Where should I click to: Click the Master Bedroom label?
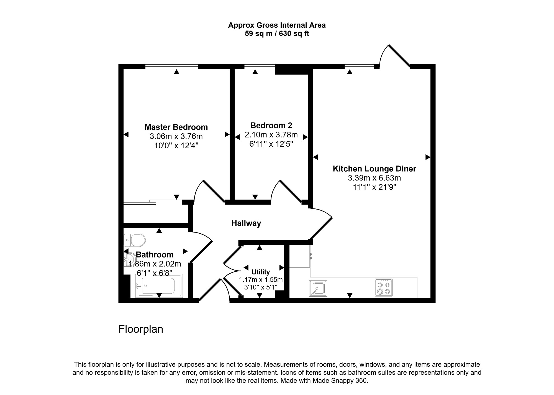click(176, 127)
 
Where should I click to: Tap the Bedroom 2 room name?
click(271, 126)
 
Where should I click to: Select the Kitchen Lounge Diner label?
click(374, 169)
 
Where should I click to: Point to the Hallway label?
click(246, 223)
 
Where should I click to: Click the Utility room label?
click(261, 272)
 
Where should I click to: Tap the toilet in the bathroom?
click(135, 240)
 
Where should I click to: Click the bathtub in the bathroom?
click(159, 286)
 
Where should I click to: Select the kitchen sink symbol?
click(318, 288)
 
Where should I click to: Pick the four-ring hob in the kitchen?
click(384, 288)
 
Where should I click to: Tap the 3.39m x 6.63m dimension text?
click(375, 178)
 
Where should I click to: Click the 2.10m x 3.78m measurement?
click(271, 135)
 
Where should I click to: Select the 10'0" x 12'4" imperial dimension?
click(176, 146)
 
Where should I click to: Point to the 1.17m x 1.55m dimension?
click(261, 280)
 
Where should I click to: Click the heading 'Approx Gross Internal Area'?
click(277, 25)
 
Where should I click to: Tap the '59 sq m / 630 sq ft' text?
click(277, 34)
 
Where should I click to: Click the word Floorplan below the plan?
click(141, 329)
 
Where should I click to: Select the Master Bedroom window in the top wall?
click(171, 67)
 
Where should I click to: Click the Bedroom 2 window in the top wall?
click(260, 67)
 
